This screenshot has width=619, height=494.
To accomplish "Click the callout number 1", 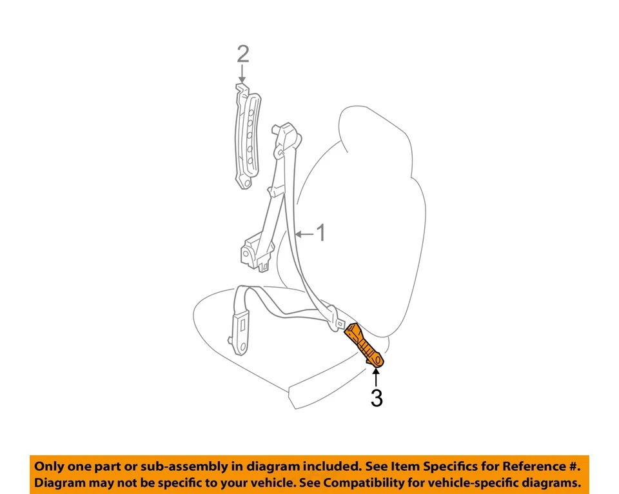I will [x=320, y=233].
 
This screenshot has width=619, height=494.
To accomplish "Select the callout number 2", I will [x=242, y=54].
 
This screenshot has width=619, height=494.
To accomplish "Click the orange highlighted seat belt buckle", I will [x=365, y=346].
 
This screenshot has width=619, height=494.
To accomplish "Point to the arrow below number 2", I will [x=242, y=75].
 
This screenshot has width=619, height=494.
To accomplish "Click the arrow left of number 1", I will [x=304, y=233].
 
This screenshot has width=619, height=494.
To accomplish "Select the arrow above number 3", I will [x=377, y=377].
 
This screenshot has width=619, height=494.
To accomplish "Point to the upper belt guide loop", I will [x=286, y=139].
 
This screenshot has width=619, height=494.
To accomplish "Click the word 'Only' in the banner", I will [x=50, y=466].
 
